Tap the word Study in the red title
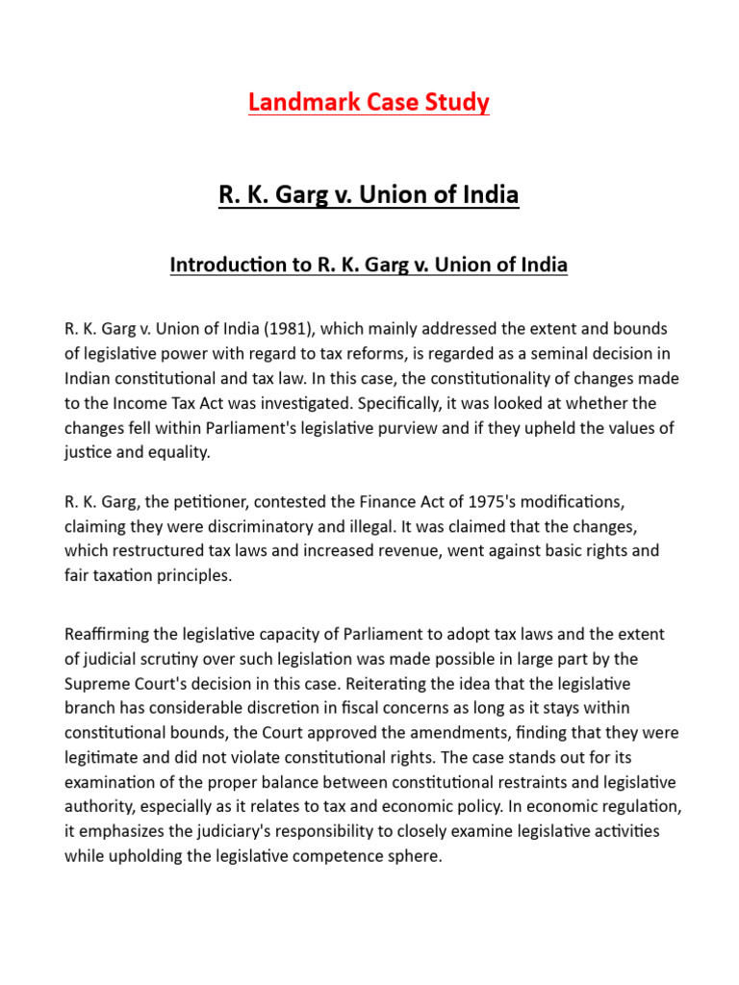coord(456,102)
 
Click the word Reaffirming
coord(108,635)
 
